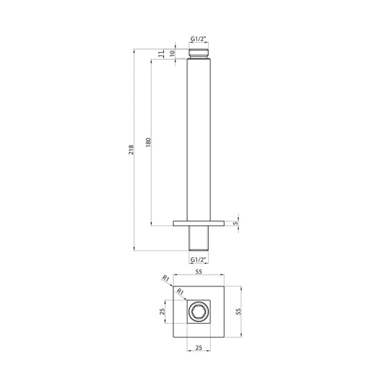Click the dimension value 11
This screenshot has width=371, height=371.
[159, 54]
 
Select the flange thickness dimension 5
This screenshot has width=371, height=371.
[236, 223]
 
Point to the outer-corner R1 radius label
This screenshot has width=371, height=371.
[166, 279]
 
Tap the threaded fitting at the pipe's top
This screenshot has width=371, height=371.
[199, 53]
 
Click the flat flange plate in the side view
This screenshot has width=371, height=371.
[199, 223]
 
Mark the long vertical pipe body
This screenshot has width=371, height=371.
[199, 139]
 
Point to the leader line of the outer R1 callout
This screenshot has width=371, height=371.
[174, 284]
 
